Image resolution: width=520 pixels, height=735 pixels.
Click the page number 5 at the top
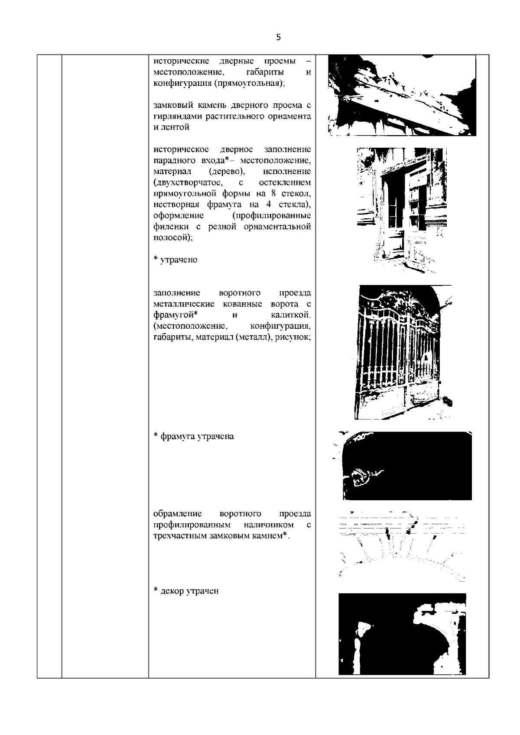[278, 38]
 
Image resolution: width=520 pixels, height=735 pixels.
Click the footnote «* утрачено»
[175, 260]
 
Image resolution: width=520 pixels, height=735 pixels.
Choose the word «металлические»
[181, 304]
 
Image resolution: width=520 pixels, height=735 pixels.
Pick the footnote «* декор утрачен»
[186, 591]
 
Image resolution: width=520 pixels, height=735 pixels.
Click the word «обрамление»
[178, 514]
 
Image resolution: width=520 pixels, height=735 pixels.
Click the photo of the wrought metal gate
[401, 352]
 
